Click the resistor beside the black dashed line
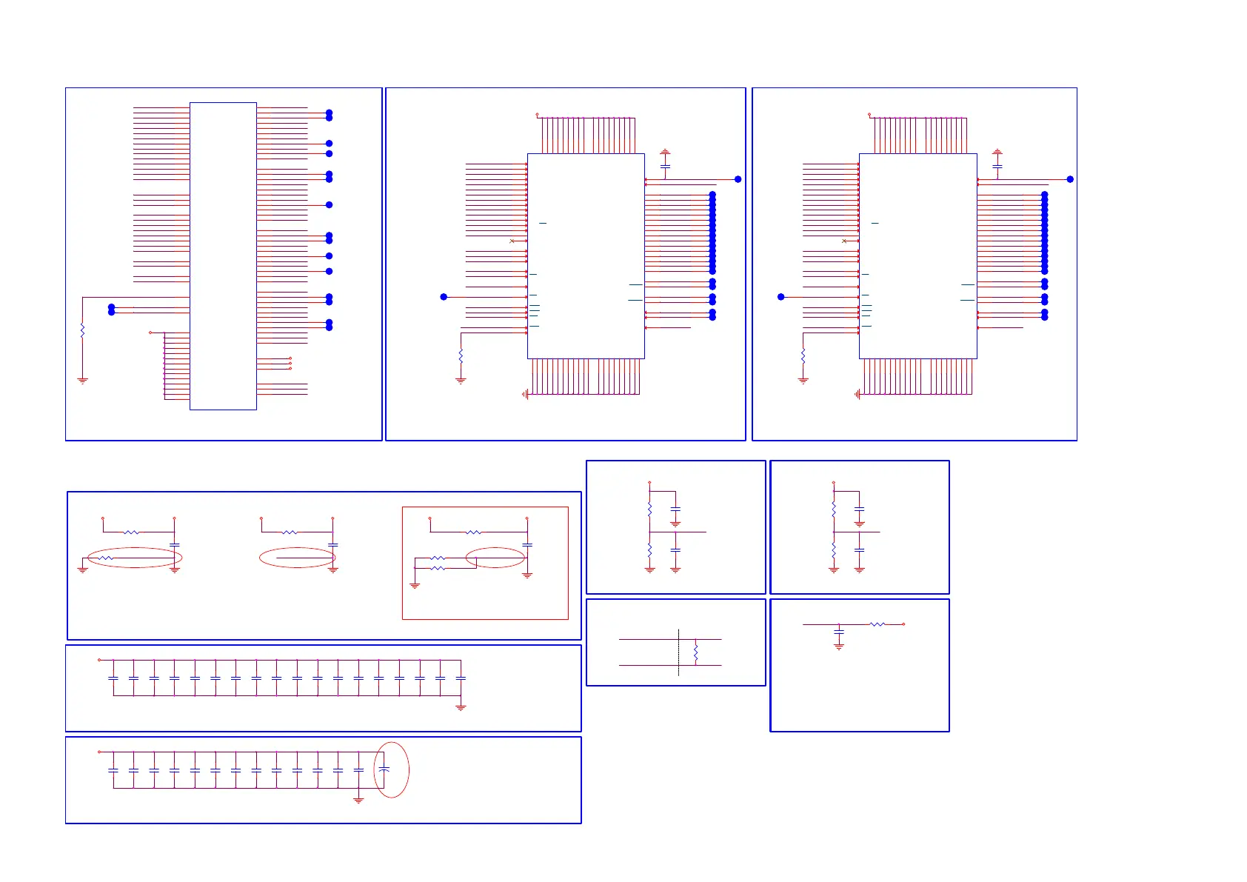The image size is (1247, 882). (696, 652)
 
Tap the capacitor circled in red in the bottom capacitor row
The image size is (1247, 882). (384, 770)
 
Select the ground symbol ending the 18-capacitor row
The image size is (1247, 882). (461, 708)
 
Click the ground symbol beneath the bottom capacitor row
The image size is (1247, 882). (358, 800)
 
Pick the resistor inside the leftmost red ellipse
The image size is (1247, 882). (107, 558)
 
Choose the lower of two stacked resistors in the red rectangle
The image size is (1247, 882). (438, 568)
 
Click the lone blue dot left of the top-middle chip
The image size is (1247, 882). (444, 297)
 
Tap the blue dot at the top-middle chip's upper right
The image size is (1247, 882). (738, 179)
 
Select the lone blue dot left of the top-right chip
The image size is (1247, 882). (780, 297)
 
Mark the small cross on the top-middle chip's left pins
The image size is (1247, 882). (512, 241)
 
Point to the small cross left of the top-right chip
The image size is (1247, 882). (844, 241)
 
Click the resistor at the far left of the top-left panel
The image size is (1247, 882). (82, 330)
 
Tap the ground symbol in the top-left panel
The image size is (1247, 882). (82, 381)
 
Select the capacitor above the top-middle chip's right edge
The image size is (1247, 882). (665, 167)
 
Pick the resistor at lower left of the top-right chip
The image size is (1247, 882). (803, 357)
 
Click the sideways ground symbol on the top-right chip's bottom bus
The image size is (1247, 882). (857, 395)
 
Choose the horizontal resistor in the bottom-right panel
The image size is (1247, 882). (877, 624)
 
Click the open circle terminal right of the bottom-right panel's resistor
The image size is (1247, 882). (903, 624)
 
